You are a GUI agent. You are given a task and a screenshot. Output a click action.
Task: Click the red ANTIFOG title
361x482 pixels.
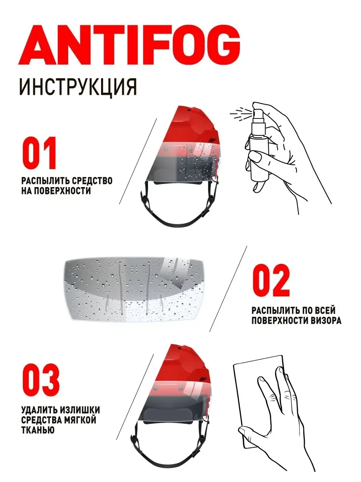coord(129,45)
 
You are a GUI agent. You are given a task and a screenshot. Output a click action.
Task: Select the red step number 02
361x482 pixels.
coord(271,280)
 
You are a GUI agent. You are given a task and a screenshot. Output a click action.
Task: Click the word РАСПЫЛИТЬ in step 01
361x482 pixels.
coord(45,181)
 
